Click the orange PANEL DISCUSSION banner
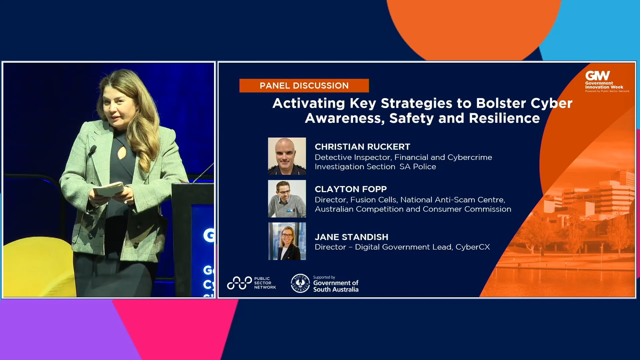(x=304, y=86)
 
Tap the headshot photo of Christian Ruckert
(x=287, y=156)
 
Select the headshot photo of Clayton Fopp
(x=287, y=199)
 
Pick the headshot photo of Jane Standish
(x=287, y=241)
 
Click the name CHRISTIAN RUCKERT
(x=362, y=147)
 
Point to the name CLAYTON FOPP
(x=351, y=189)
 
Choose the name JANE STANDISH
(x=351, y=237)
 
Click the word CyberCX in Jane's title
(x=473, y=247)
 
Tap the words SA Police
(x=418, y=167)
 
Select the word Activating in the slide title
(x=309, y=103)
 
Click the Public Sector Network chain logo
(x=239, y=283)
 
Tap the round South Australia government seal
(x=300, y=283)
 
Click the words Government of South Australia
(x=336, y=286)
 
